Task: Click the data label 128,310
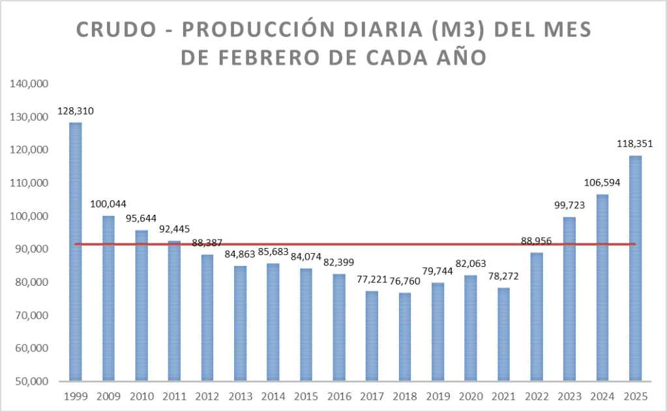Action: click(x=76, y=111)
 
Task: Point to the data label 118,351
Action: click(x=634, y=144)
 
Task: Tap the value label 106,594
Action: click(x=602, y=183)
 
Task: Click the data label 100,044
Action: click(x=109, y=204)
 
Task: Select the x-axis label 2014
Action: click(x=273, y=396)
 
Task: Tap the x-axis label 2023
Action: click(x=569, y=396)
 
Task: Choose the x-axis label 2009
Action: click(x=109, y=396)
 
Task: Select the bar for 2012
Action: click(x=207, y=317)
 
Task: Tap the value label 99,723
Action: click(x=569, y=205)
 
